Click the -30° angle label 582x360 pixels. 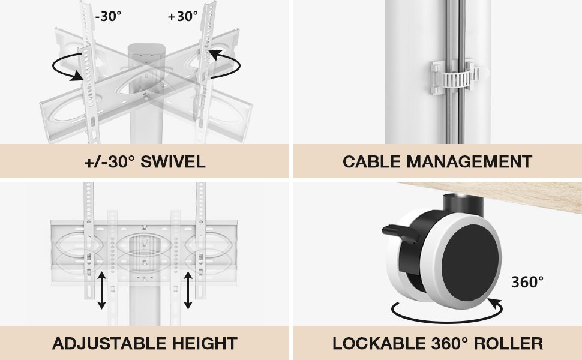108,16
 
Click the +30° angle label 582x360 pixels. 182,16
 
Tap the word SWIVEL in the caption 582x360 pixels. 173,162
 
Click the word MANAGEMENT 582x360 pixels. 470,162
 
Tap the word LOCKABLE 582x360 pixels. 379,343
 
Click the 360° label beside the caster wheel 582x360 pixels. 527,282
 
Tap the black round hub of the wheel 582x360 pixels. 470,262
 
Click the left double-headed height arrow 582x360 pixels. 102,290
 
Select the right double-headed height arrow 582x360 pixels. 188,290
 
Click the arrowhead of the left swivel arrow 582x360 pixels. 77,76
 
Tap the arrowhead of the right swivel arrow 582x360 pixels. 215,55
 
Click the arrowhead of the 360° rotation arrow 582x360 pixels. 495,304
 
